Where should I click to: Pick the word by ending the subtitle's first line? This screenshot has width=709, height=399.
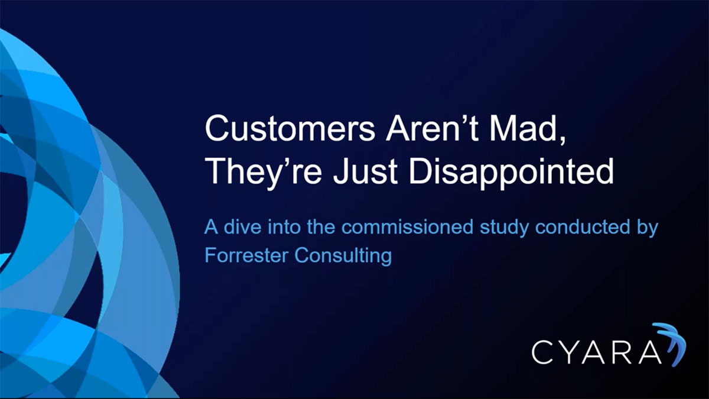[648, 228]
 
